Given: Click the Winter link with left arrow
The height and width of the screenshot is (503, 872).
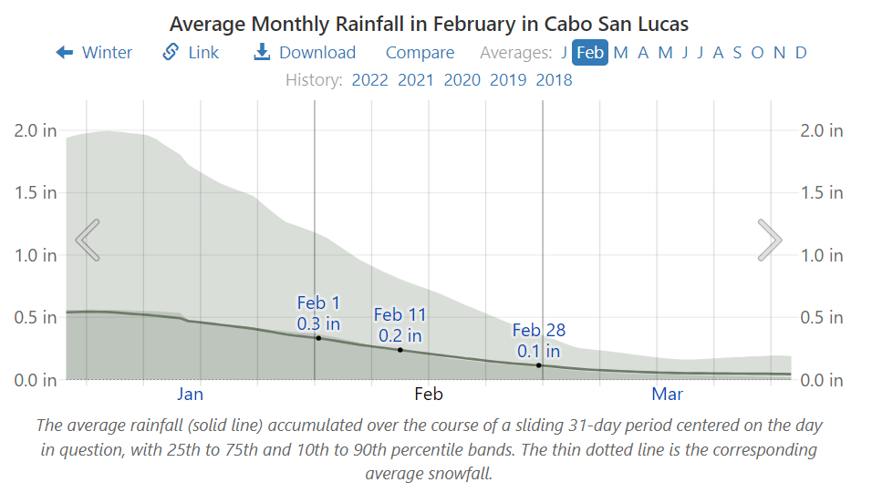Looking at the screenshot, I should pyautogui.click(x=95, y=53).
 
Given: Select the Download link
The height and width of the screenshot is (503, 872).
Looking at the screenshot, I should pyautogui.click(x=305, y=53).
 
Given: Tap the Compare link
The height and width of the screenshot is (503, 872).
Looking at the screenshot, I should pyautogui.click(x=420, y=53).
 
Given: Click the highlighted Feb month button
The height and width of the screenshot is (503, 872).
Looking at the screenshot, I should pyautogui.click(x=590, y=53).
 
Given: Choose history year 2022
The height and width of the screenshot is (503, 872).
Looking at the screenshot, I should pyautogui.click(x=369, y=80).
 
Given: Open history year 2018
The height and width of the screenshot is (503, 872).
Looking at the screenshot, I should pyautogui.click(x=554, y=80).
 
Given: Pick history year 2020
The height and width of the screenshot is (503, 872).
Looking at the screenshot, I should pyautogui.click(x=462, y=80).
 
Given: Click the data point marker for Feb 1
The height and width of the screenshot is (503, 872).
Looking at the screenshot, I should pyautogui.click(x=318, y=338).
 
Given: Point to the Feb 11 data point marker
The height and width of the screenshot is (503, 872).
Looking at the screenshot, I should pyautogui.click(x=400, y=350).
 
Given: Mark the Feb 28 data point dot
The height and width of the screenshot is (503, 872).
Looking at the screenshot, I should pyautogui.click(x=539, y=365).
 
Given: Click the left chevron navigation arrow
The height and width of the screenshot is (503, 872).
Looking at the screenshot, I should pyautogui.click(x=88, y=240).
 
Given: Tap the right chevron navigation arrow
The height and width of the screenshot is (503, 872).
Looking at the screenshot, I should pyautogui.click(x=770, y=240).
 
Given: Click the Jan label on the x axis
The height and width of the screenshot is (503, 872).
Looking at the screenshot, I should pyautogui.click(x=190, y=395).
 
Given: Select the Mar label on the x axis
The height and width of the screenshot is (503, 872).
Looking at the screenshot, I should pyautogui.click(x=668, y=395).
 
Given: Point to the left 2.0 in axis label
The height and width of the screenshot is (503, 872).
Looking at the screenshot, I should pyautogui.click(x=36, y=131).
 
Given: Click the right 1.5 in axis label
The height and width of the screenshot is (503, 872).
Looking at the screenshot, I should pyautogui.click(x=822, y=193).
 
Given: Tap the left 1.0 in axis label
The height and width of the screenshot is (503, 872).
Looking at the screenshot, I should pyautogui.click(x=36, y=256).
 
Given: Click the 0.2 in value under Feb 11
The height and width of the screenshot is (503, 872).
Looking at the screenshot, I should pyautogui.click(x=400, y=335).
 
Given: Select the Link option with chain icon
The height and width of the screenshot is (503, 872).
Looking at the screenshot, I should pyautogui.click(x=192, y=53).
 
